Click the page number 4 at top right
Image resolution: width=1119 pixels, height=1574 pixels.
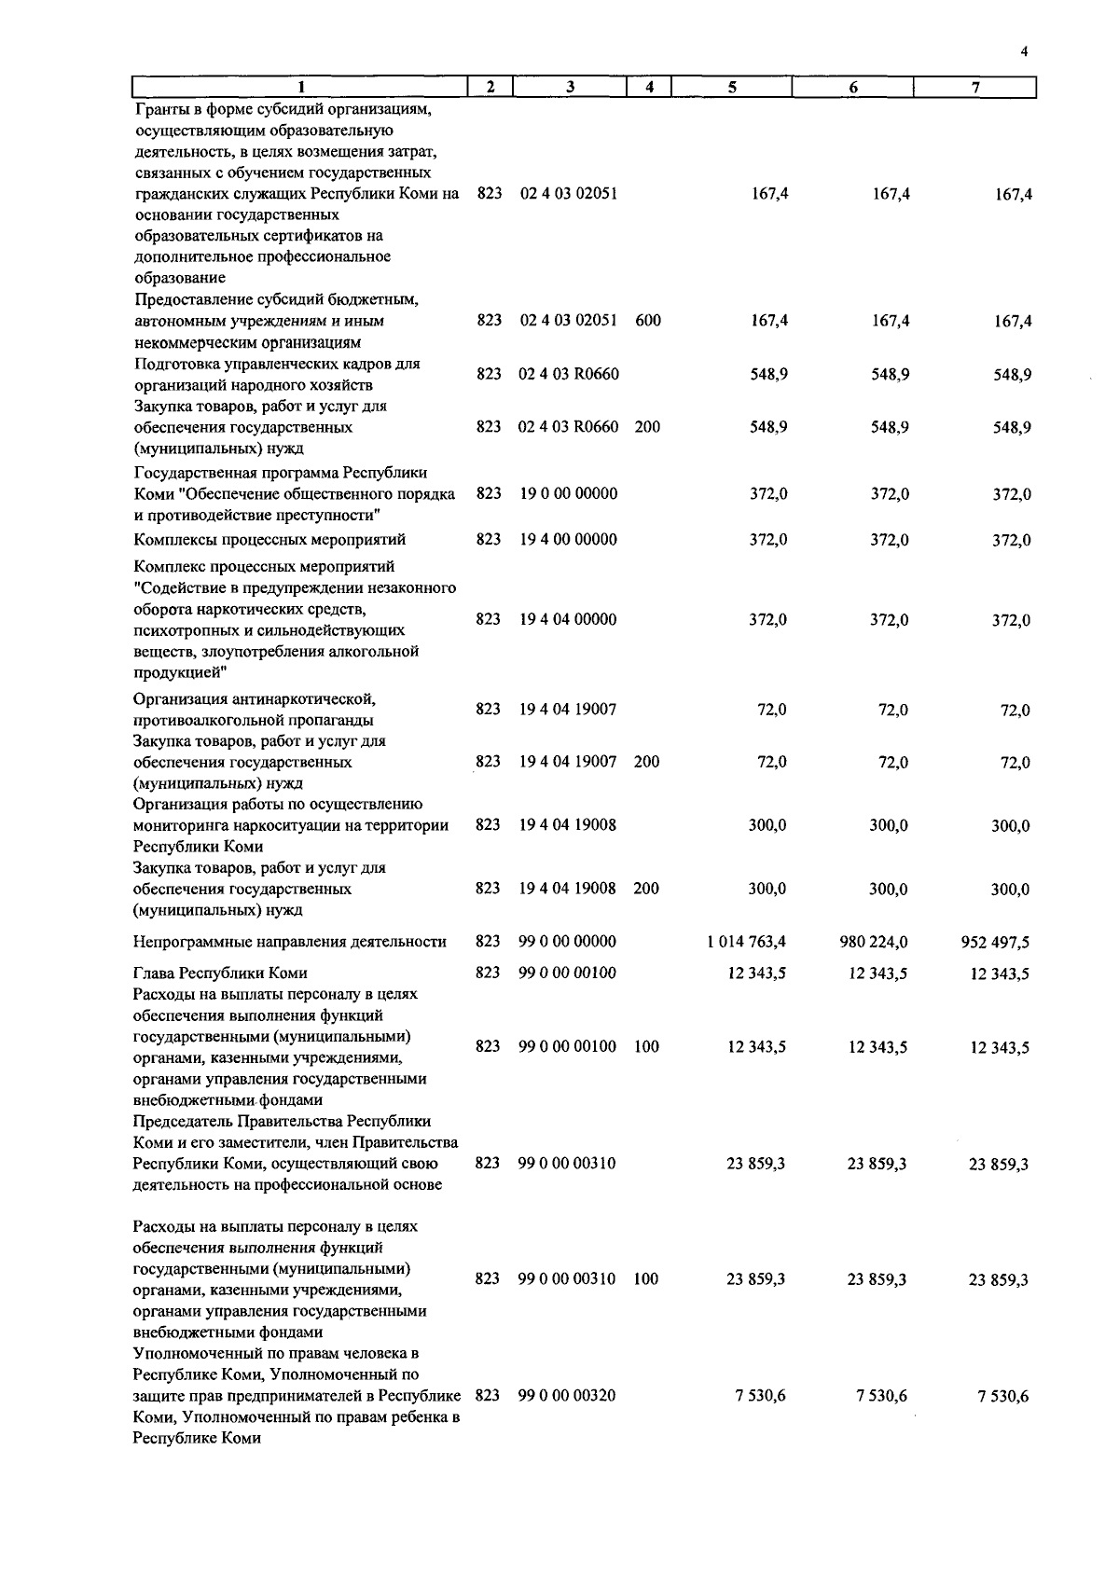point(1024,52)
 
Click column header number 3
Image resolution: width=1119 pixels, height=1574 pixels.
point(569,87)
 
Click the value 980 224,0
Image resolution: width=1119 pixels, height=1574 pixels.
point(874,942)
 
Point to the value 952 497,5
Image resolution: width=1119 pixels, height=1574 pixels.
point(995,943)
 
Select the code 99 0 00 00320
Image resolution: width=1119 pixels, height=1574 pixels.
point(567,1395)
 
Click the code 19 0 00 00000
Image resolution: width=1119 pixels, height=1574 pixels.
point(568,493)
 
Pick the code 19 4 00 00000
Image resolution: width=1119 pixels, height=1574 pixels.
point(568,539)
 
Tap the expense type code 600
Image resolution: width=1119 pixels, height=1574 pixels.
point(647,321)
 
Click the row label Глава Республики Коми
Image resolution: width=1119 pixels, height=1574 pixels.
point(220,973)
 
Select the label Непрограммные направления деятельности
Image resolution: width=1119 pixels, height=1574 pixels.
point(290,942)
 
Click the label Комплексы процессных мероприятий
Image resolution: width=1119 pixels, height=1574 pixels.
point(269,539)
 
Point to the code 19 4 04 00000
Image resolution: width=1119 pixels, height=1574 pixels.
point(568,619)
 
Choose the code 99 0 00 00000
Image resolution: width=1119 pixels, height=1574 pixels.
point(567,942)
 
